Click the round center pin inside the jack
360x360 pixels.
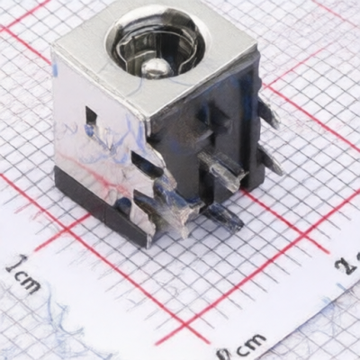pos(156,67)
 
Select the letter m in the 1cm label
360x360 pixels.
pos(30,285)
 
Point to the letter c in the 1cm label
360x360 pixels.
pos(16,276)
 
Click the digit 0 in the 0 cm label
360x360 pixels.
pos(222,354)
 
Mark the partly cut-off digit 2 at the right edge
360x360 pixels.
pos(348,264)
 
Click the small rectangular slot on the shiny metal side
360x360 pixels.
pos(91,115)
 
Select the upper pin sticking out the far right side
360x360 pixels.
pos(267,113)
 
